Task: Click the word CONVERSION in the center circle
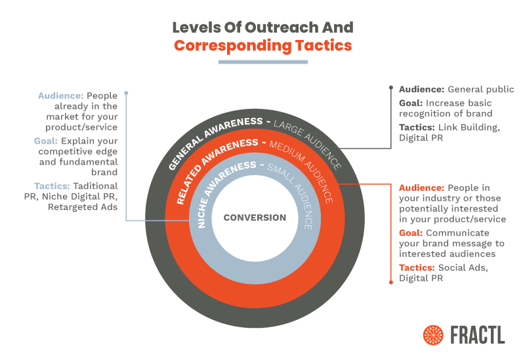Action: pyautogui.click(x=255, y=217)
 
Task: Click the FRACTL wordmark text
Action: pyautogui.click(x=478, y=334)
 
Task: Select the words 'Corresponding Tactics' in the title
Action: pyautogui.click(x=262, y=46)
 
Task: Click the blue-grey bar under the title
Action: pyautogui.click(x=262, y=62)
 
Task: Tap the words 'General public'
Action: pyautogui.click(x=480, y=89)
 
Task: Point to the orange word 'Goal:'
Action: pyautogui.click(x=411, y=233)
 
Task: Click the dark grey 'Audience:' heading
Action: pyautogui.click(x=421, y=89)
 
